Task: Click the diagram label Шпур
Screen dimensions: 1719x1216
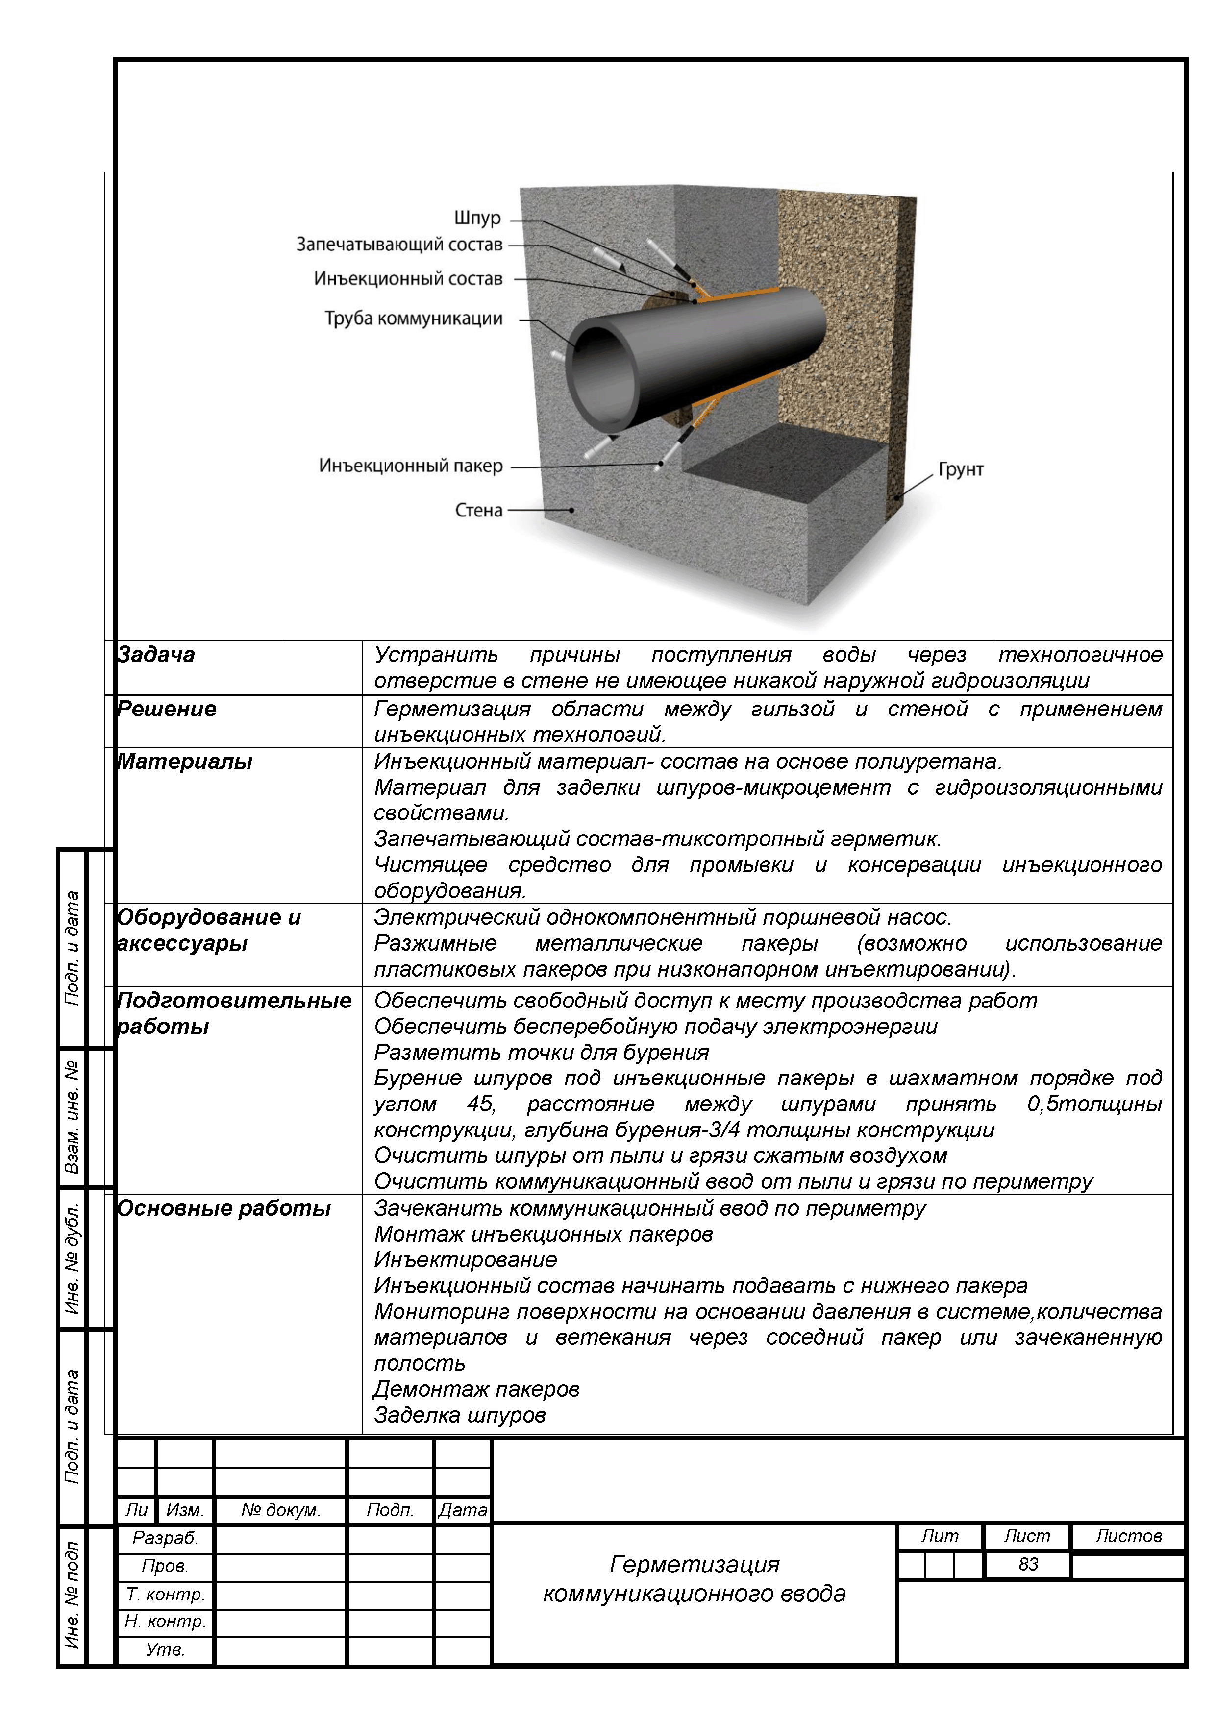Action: [x=477, y=219]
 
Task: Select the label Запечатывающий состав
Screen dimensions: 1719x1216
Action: [x=399, y=245]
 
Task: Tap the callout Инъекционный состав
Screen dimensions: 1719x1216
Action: [x=408, y=279]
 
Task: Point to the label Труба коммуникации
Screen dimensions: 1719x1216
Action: [x=413, y=319]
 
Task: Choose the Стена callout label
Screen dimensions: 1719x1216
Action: [x=478, y=511]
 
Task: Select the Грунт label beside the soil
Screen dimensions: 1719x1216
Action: [x=961, y=470]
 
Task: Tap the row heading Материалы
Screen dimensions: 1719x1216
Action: [x=184, y=762]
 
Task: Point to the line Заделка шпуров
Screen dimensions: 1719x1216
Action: [x=460, y=1416]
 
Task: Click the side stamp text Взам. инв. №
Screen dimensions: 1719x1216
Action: [x=73, y=1117]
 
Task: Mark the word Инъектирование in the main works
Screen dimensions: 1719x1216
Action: [x=465, y=1260]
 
